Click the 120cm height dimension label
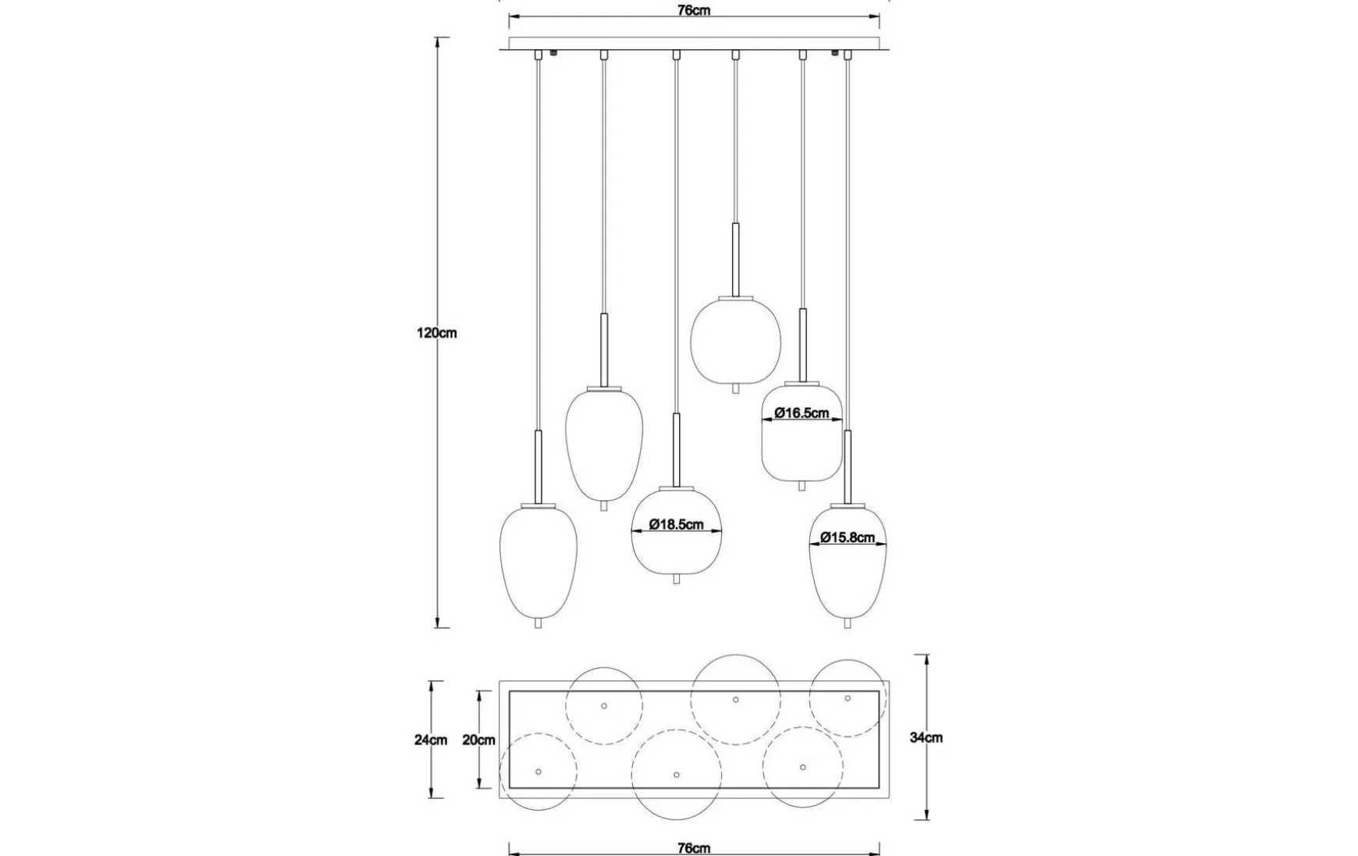click(437, 333)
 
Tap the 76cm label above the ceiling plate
click(694, 11)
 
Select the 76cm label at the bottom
click(694, 848)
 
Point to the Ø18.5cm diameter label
click(676, 525)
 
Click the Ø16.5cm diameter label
click(802, 414)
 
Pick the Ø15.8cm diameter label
click(848, 538)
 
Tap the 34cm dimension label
click(926, 737)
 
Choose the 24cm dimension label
click(431, 740)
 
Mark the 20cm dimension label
click(478, 740)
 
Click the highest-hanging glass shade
click(735, 340)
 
